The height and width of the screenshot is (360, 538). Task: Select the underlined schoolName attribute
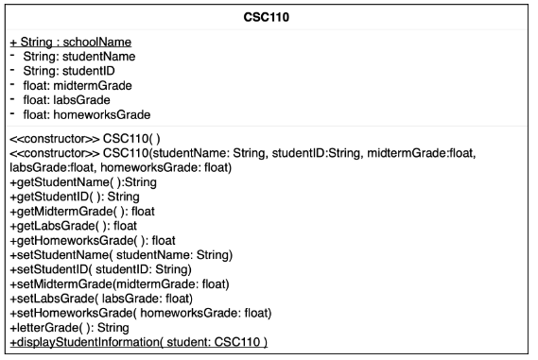pos(69,43)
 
